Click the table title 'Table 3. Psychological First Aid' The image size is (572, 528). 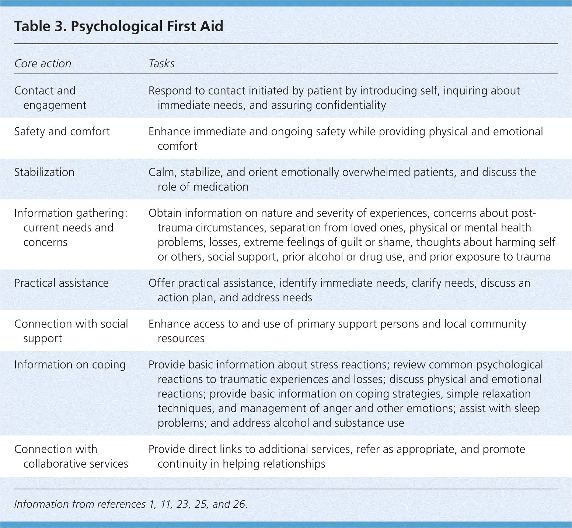pos(119,26)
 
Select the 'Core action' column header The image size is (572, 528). pos(43,64)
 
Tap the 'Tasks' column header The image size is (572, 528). pos(161,64)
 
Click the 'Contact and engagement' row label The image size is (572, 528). pos(50,98)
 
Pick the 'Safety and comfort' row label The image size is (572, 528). pos(62,131)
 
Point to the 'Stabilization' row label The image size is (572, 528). pos(44,172)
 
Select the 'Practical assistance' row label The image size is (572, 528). pos(62,283)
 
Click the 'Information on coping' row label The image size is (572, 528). pos(70,365)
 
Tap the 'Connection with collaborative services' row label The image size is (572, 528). pos(71,456)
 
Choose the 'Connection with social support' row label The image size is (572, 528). pos(71,331)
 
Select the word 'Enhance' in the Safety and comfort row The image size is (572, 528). pos(170,131)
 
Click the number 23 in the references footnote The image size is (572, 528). pos(182,504)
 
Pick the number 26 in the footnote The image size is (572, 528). pos(239,504)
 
